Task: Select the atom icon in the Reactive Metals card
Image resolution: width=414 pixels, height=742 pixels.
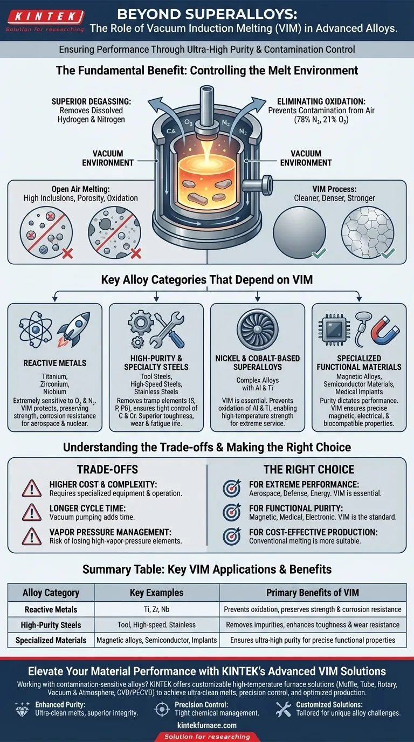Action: (x=34, y=329)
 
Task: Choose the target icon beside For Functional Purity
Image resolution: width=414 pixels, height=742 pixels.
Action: (x=232, y=512)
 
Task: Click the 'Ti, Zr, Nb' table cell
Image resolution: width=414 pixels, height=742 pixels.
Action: (x=156, y=609)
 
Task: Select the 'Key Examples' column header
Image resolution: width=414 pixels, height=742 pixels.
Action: (x=156, y=593)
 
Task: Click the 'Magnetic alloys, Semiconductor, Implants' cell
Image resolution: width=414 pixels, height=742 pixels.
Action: (x=156, y=641)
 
